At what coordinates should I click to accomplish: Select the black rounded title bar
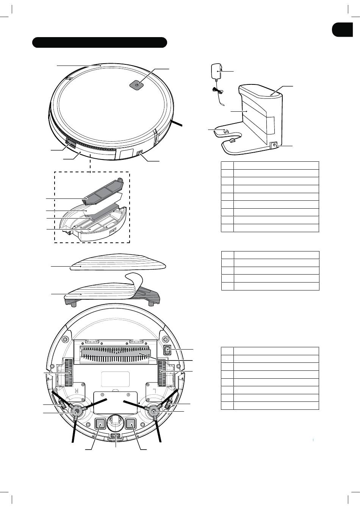100,42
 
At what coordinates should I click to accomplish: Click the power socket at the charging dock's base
274,145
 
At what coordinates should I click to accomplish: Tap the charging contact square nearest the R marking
100,423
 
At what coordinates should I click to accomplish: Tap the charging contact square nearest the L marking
131,423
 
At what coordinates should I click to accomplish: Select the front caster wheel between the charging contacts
116,420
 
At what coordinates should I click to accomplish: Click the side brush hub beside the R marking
77,411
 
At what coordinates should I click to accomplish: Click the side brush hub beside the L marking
154,411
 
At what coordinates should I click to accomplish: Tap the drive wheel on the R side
69,373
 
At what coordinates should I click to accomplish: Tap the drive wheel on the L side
162,373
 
